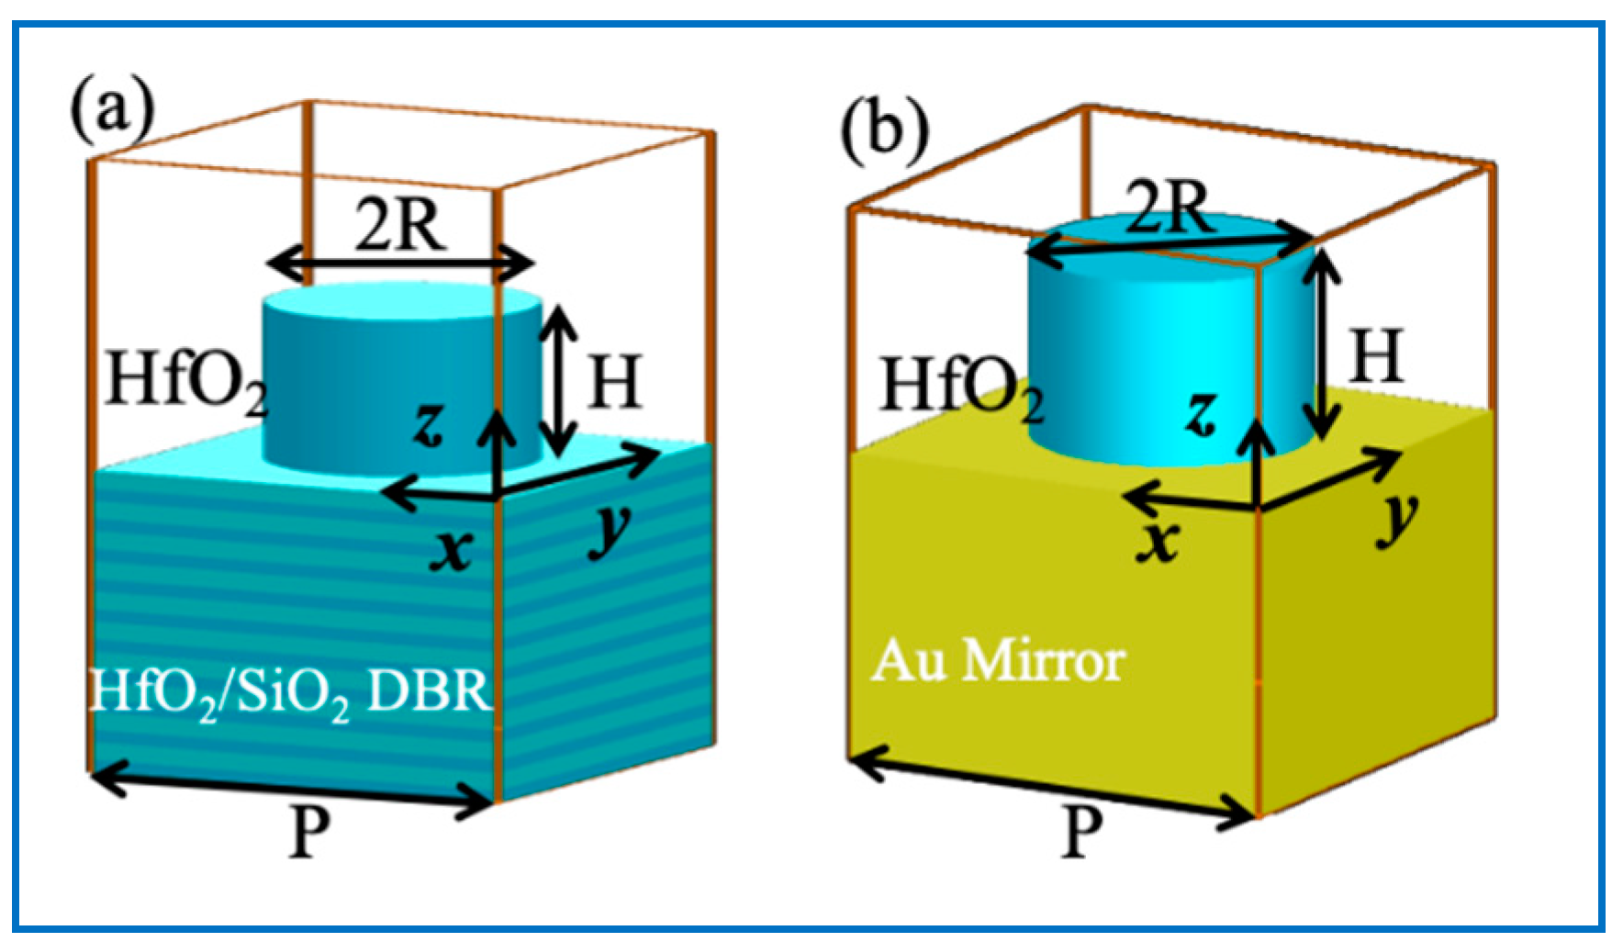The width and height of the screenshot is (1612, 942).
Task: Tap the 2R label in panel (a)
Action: [x=400, y=226]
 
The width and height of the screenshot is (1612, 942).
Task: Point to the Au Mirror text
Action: [x=998, y=661]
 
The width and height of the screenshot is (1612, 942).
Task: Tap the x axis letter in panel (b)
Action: [x=1158, y=540]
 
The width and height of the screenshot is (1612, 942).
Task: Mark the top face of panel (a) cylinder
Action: [x=401, y=303]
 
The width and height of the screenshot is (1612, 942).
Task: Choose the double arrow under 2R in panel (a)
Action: [x=400, y=265]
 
